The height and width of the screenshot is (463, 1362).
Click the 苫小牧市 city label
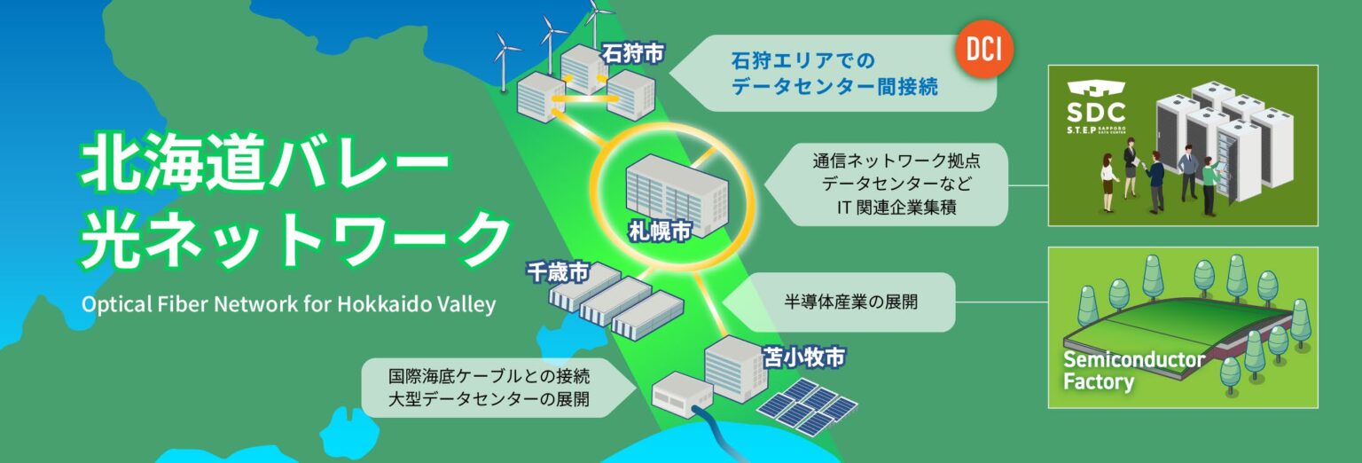point(803,358)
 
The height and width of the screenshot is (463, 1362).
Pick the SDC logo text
point(1097,112)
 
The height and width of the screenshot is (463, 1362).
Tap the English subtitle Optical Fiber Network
point(288,304)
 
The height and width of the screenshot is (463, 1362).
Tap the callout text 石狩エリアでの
point(802,61)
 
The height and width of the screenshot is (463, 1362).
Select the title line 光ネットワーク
point(293,238)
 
